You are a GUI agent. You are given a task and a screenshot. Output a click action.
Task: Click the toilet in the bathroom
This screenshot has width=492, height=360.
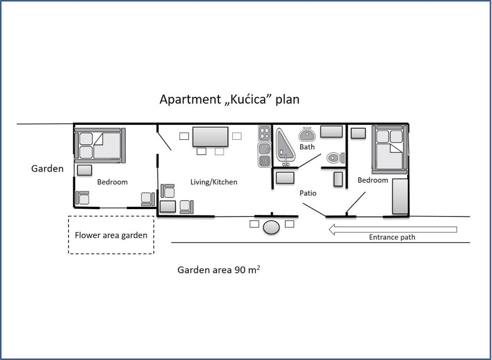(x=335, y=158)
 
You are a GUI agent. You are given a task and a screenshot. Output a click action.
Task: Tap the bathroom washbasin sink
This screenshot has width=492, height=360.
(x=307, y=134)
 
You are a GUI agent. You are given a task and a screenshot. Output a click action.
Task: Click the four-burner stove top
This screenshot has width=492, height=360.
(x=264, y=133)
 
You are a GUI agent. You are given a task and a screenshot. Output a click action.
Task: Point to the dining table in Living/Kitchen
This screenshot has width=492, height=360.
(x=210, y=137)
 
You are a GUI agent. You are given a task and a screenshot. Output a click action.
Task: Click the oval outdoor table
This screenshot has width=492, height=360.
(x=271, y=227)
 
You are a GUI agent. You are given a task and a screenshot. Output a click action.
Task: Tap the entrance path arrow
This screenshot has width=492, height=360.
(x=393, y=230)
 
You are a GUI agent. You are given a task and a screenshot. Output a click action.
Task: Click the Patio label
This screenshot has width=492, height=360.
(x=308, y=193)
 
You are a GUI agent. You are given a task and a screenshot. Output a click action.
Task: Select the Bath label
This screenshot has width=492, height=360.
(x=307, y=147)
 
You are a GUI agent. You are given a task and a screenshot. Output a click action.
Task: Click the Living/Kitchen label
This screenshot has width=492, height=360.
(x=214, y=182)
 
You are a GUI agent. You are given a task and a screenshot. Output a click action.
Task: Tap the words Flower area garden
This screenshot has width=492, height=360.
(x=111, y=235)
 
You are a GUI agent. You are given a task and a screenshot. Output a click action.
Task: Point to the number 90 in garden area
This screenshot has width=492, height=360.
(x=240, y=270)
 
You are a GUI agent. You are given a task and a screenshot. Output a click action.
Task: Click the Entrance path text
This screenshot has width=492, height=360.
(x=392, y=237)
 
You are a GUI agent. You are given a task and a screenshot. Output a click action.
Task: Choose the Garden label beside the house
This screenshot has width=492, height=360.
(x=47, y=169)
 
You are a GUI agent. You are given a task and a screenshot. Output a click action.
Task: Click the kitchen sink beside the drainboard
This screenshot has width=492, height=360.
(x=264, y=149)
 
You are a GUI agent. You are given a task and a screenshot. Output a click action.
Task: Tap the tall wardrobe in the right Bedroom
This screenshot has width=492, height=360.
(x=400, y=196)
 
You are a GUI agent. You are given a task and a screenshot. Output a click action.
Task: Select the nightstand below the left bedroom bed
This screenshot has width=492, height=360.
(x=84, y=170)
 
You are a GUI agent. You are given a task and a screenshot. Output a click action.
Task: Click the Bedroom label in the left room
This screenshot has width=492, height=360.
(x=112, y=182)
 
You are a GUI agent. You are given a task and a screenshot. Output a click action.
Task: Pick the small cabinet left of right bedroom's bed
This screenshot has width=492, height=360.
(x=358, y=133)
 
